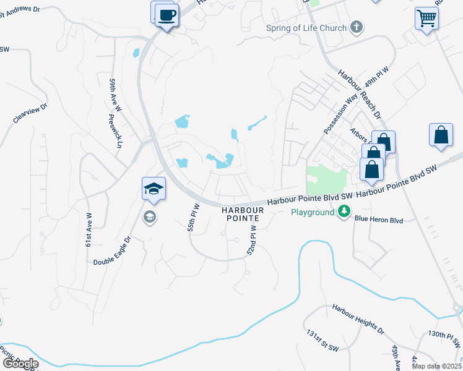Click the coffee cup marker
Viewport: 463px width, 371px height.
(166, 14)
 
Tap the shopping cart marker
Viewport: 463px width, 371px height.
(426, 19)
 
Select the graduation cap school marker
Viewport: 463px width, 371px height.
(154, 189)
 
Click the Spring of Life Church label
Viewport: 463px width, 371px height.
(306, 27)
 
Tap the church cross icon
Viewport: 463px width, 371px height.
(357, 27)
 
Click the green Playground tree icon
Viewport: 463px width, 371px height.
(344, 212)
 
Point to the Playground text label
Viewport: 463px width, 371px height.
(313, 212)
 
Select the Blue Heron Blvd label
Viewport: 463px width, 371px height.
(378, 220)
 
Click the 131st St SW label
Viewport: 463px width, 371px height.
(320, 342)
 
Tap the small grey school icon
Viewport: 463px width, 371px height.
(149, 216)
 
